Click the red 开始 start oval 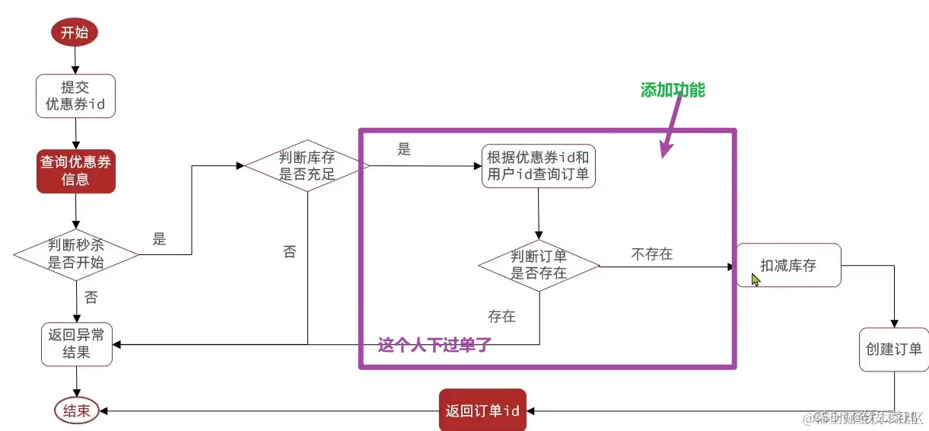pyautogui.click(x=75, y=32)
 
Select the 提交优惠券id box pyautogui.click(x=75, y=96)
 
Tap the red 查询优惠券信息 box pyautogui.click(x=75, y=171)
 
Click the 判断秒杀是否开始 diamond pyautogui.click(x=76, y=254)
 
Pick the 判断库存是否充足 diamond pyautogui.click(x=307, y=166)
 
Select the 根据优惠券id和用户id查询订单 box pyautogui.click(x=539, y=167)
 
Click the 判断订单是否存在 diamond pyautogui.click(x=539, y=264)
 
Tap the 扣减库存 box pyautogui.click(x=788, y=265)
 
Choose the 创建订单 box pyautogui.click(x=893, y=350)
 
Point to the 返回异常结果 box pyautogui.click(x=77, y=343)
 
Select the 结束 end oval pyautogui.click(x=76, y=411)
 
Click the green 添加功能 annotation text pyautogui.click(x=673, y=91)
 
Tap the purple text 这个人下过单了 pyautogui.click(x=434, y=345)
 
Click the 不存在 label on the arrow pyautogui.click(x=652, y=254)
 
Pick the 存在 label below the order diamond pyautogui.click(x=501, y=315)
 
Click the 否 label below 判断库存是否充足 pyautogui.click(x=289, y=252)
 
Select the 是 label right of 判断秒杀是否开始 pyautogui.click(x=159, y=239)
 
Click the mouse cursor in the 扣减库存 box pyautogui.click(x=755, y=280)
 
